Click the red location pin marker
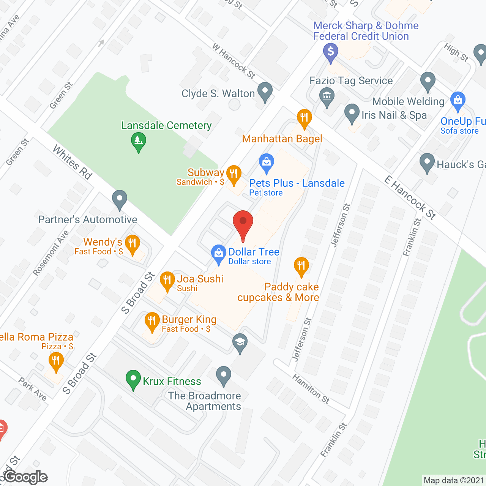[243, 224]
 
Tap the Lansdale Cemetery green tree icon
[139, 141]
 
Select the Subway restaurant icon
[234, 174]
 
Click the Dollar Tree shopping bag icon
[218, 253]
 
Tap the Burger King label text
[189, 320]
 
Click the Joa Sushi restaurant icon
[167, 280]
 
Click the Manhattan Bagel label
[282, 139]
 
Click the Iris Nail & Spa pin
[352, 113]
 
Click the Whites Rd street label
[73, 162]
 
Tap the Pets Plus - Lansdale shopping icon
[267, 162]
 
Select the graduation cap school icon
[240, 342]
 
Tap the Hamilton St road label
[311, 388]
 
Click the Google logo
[25, 477]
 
